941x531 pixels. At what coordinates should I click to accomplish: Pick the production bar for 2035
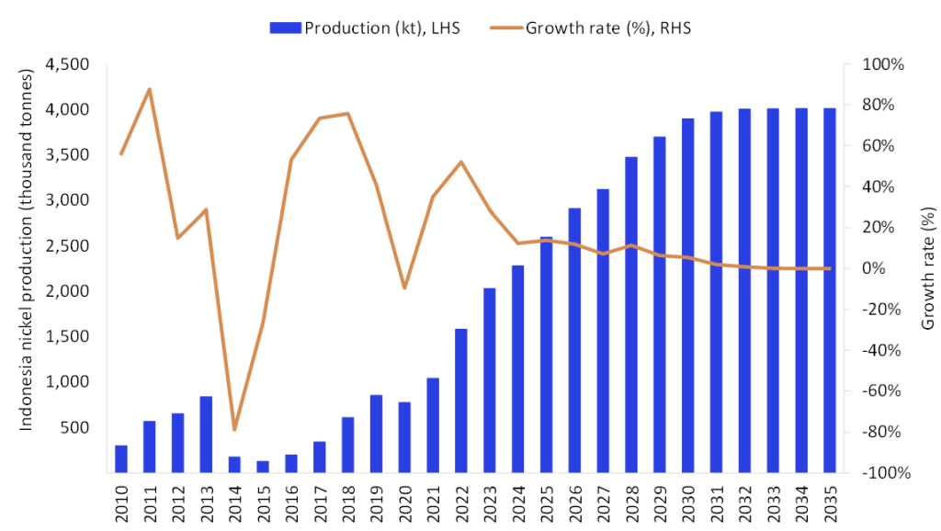point(829,290)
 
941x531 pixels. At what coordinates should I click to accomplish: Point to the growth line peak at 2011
point(149,89)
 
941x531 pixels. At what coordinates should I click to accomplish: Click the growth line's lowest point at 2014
point(234,429)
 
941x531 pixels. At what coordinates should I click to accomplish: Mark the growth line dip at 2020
point(404,288)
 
